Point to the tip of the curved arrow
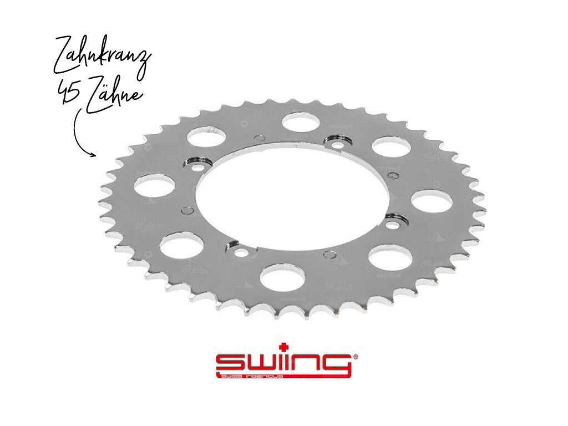click(x=96, y=156)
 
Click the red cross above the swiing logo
click(x=285, y=346)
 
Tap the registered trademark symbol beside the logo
click(x=355, y=357)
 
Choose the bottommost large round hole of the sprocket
click(x=282, y=277)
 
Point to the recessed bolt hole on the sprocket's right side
click(x=393, y=225)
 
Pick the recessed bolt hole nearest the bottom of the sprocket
click(x=241, y=252)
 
